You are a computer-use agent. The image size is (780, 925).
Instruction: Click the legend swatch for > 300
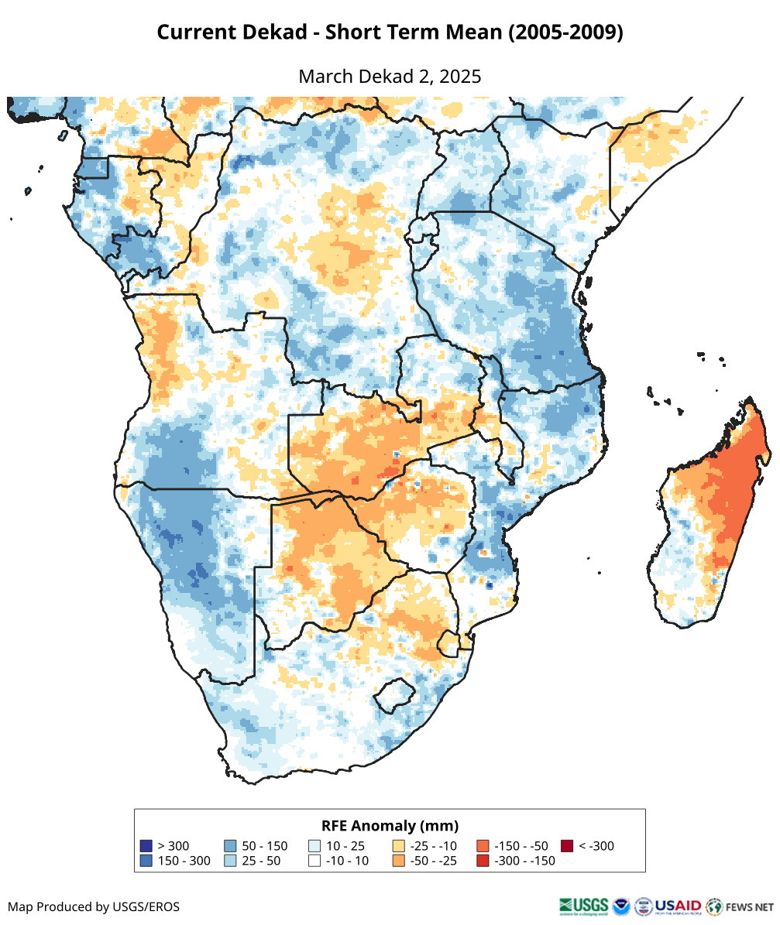(146, 846)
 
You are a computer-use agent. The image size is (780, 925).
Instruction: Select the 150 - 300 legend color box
(146, 861)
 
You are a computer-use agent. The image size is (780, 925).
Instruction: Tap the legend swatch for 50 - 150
(230, 846)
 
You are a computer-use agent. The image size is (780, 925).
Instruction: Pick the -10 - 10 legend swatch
(314, 861)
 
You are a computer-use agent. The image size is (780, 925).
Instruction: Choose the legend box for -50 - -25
(399, 861)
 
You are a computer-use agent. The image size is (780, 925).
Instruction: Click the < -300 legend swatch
(567, 846)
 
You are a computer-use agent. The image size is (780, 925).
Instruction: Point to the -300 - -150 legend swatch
(483, 861)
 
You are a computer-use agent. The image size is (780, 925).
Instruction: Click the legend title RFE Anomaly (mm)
(390, 825)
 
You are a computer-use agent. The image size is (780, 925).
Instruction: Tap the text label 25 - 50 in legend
(263, 861)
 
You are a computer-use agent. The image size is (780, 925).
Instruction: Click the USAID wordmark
(679, 906)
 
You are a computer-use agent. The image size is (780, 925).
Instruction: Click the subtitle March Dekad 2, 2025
(390, 77)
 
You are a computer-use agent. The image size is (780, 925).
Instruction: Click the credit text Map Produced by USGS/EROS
(94, 906)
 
